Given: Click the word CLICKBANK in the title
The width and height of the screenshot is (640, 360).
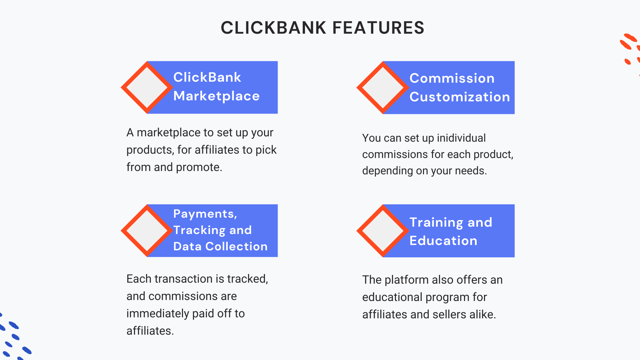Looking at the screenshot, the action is (x=274, y=28).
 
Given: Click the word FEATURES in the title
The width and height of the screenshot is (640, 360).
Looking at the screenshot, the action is (x=378, y=28).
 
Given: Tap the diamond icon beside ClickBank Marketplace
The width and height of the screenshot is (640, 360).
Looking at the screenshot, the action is (x=147, y=87).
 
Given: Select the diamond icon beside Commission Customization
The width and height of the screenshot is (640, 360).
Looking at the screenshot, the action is (x=383, y=88).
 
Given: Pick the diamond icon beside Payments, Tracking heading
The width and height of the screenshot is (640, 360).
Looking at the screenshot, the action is (x=147, y=231).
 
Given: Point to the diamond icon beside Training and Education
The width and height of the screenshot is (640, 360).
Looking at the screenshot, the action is (x=383, y=231).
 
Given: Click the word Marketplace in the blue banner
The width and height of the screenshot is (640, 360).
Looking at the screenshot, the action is (x=216, y=96).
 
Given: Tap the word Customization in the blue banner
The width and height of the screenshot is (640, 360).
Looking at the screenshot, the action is (x=460, y=97).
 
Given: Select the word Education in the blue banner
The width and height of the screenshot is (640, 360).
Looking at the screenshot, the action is (x=443, y=241).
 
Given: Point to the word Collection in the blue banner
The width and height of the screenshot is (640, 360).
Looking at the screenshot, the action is (x=236, y=246).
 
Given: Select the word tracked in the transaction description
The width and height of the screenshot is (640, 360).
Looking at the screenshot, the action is (x=247, y=279).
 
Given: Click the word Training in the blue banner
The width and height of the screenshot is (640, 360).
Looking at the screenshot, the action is (x=436, y=223).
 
